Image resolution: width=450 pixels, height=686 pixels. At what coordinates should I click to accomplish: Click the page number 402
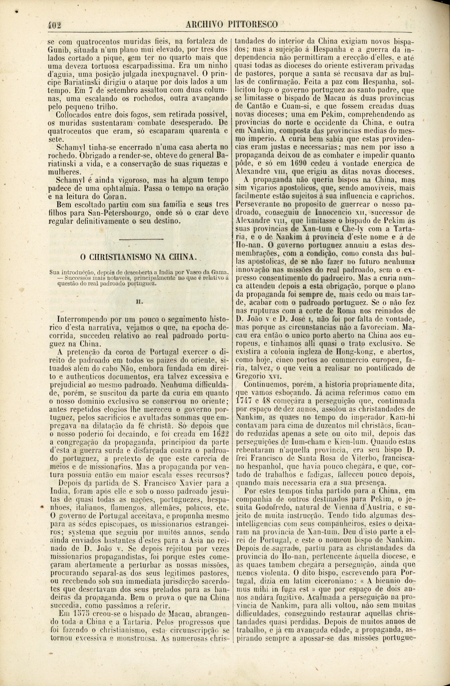tap(53, 24)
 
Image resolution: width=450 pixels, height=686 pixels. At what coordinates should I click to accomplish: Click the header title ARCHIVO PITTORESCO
tap(232, 24)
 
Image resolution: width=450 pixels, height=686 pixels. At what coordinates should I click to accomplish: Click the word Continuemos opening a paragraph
tap(268, 385)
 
